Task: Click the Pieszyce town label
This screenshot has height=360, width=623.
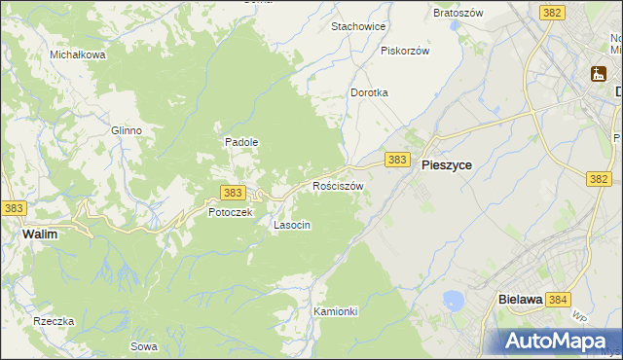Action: [447, 165]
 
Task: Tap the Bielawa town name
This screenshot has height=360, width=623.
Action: [519, 301]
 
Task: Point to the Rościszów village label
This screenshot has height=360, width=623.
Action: [338, 185]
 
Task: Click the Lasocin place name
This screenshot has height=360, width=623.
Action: [292, 225]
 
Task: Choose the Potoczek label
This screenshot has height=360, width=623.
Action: [230, 212]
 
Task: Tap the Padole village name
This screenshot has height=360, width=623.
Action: [241, 142]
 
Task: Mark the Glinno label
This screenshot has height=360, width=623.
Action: [127, 130]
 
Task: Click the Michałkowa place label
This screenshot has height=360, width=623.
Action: [78, 55]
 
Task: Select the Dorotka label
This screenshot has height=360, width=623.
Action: [369, 92]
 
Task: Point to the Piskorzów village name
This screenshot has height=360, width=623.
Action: [405, 51]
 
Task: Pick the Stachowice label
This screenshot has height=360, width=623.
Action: [359, 26]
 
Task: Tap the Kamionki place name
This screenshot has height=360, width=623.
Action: [336, 311]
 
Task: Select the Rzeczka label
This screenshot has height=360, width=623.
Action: [54, 321]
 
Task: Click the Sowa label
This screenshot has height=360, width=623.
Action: [144, 346]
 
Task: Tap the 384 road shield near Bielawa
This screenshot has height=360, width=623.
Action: [558, 301]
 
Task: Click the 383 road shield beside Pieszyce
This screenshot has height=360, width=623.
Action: [395, 159]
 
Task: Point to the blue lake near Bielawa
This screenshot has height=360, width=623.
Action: [453, 300]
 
